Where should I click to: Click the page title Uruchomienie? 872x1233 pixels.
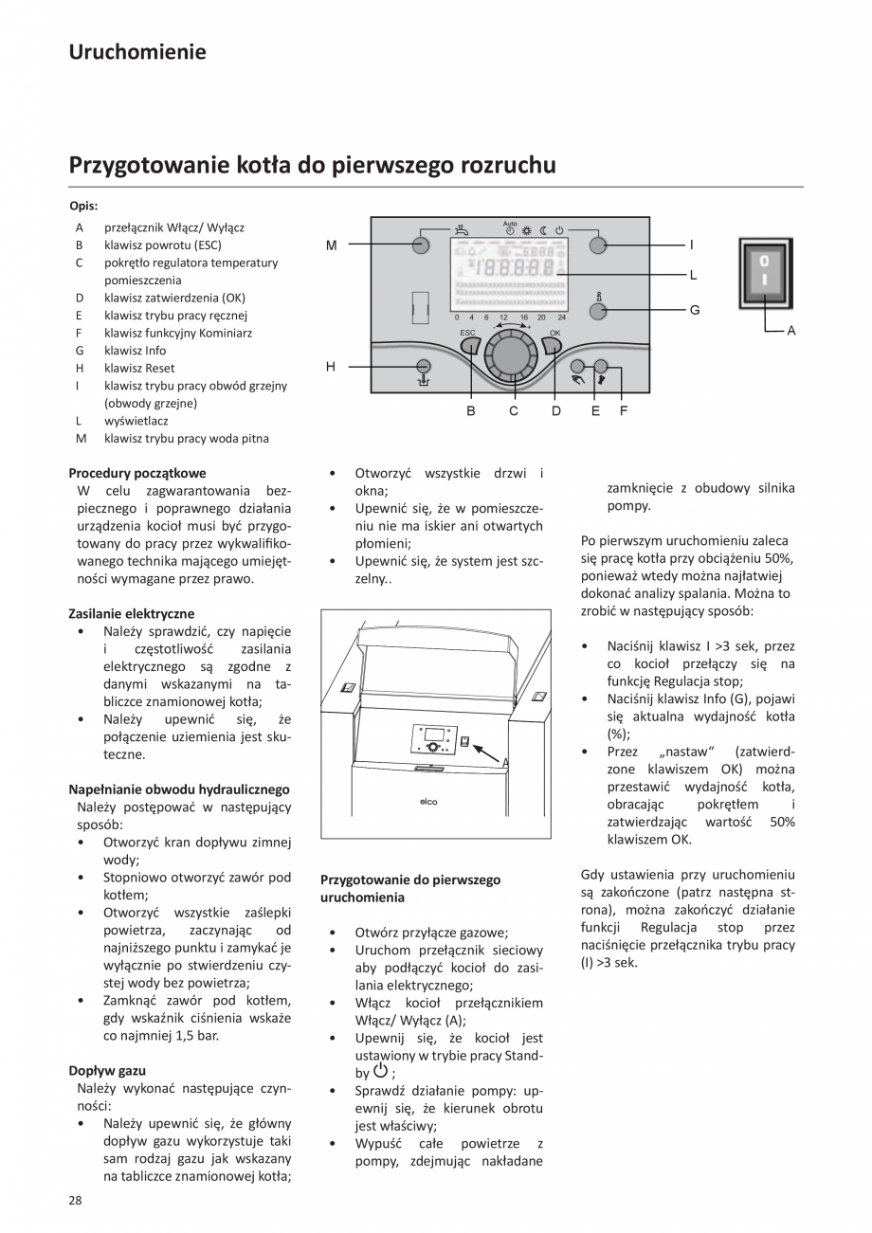tap(136, 52)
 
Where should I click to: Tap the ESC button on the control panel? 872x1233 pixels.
tap(471, 346)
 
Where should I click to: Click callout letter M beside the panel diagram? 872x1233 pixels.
tap(331, 245)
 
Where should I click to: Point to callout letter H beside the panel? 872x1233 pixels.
tap(331, 367)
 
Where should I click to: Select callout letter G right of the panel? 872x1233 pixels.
tap(694, 309)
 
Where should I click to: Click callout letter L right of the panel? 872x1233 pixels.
tap(693, 276)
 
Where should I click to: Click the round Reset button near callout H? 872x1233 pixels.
tap(424, 366)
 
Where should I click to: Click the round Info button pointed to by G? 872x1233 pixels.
tap(597, 309)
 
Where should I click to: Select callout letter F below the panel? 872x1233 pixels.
tap(623, 411)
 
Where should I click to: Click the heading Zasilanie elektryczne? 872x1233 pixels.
tap(131, 613)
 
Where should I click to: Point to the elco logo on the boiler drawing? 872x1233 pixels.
tap(428, 802)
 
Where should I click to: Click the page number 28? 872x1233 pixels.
tap(76, 1201)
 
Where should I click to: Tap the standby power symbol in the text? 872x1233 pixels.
tap(380, 1072)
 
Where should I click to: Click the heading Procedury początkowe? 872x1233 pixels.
tap(136, 473)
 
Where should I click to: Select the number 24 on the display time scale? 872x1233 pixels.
tap(561, 317)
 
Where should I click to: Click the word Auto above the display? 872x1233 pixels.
tap(510, 224)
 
